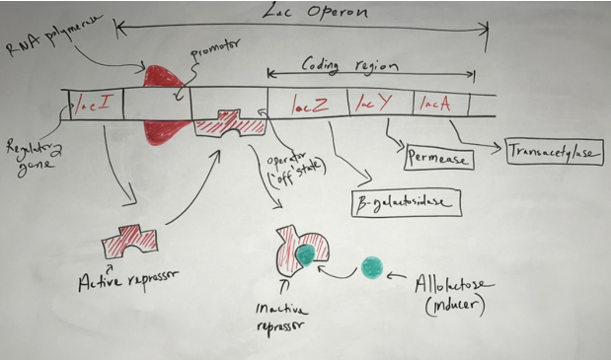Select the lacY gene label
pos(367,103)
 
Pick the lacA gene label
pos(432,103)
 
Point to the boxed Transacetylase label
pos(553,152)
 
